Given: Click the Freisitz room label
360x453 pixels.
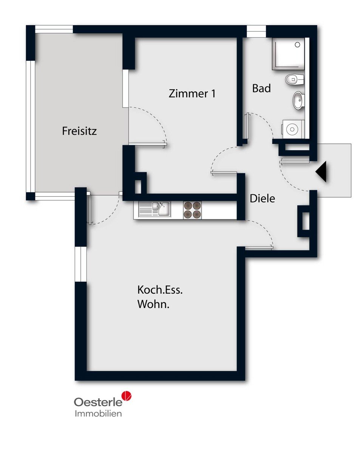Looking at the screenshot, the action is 79,131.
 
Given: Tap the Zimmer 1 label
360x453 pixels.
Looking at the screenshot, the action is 192,94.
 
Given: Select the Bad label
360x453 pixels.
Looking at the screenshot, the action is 261,88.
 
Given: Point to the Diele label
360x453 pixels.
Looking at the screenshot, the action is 262,198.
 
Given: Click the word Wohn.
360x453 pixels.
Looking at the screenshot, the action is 153,304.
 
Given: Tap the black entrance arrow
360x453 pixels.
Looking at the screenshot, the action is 321,171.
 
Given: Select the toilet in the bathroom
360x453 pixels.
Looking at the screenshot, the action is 295,80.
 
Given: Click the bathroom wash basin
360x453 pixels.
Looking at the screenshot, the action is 299,100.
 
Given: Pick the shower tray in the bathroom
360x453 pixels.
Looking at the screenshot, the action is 288,54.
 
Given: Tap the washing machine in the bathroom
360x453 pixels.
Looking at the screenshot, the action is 293,129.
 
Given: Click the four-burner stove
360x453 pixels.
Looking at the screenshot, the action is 192,210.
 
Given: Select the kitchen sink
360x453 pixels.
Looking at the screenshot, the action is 155,209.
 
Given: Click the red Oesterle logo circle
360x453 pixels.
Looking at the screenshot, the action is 127,396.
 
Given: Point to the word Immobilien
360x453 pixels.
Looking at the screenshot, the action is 98,414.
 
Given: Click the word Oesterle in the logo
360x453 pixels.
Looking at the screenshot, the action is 98,402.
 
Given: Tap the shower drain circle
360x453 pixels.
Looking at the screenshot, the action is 297,45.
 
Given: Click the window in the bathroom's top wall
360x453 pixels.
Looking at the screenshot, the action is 256,31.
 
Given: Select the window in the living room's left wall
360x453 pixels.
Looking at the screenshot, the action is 81,264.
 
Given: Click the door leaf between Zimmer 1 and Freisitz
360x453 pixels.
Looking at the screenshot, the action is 147,144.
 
